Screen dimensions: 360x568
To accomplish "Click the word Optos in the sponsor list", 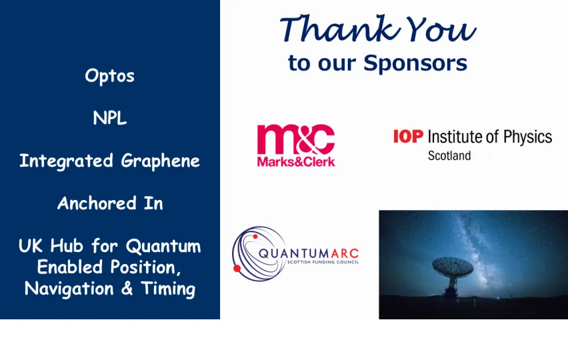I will pyautogui.click(x=110, y=76).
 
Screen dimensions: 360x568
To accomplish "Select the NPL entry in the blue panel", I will pyautogui.click(x=110, y=119).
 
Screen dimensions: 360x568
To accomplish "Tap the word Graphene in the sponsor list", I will pyautogui.click(x=160, y=161).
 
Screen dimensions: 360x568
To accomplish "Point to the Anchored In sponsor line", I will pyautogui.click(x=110, y=203).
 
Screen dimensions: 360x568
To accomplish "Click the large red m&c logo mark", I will pyautogui.click(x=295, y=139).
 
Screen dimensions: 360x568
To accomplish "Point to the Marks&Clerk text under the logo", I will pyautogui.click(x=295, y=161).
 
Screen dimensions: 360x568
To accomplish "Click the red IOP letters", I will pyautogui.click(x=407, y=137).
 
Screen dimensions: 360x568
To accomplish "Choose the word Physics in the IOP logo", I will pyautogui.click(x=527, y=137).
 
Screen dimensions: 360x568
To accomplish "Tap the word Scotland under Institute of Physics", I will pyautogui.click(x=449, y=156).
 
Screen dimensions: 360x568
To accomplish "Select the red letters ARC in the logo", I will pyautogui.click(x=344, y=253).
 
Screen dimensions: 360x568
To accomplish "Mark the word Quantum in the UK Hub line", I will pyautogui.click(x=163, y=247).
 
